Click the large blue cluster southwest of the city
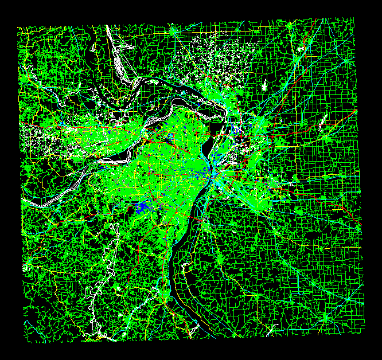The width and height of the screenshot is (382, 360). coord(141,206)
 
